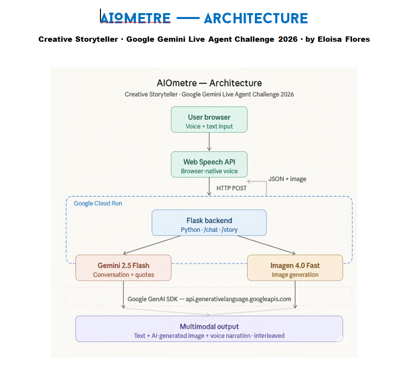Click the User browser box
coord(209,119)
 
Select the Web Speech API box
coord(209,164)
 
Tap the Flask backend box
coord(209,223)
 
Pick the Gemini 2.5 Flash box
coord(123,267)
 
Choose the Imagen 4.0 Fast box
coord(295,267)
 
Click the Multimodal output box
coord(209,329)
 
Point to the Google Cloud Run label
coord(98,203)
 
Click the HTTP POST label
coord(232,188)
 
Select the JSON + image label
coord(287,179)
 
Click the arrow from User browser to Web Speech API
coord(209,142)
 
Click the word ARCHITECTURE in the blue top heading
coord(256,18)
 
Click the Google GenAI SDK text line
coord(209,299)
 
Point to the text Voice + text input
coord(209,126)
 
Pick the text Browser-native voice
coord(209,171)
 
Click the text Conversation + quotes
coord(123,275)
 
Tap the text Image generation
coord(295,275)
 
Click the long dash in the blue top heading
coord(187,18)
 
